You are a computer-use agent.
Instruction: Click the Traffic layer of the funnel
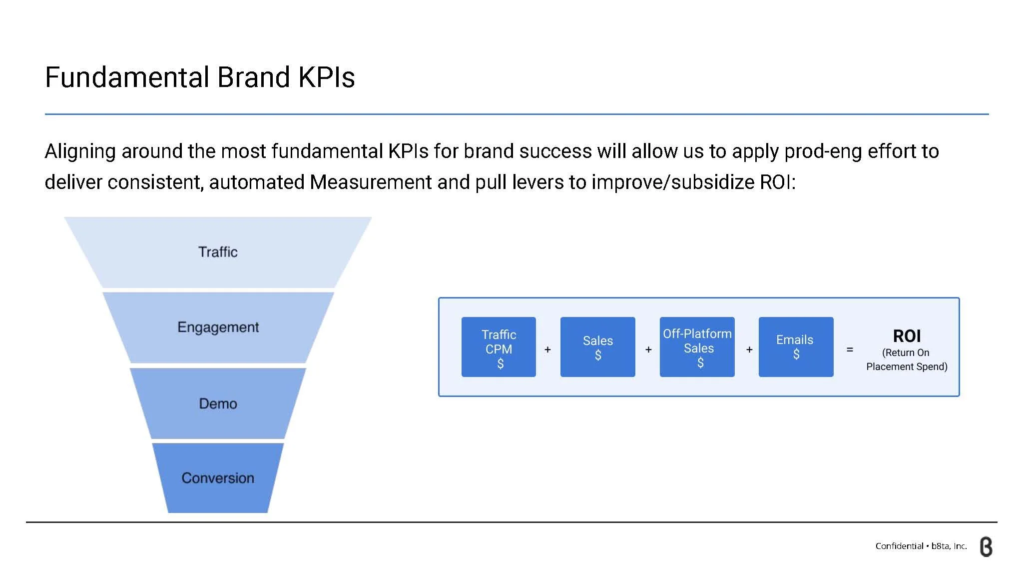click(218, 252)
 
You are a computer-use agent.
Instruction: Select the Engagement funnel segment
click(218, 327)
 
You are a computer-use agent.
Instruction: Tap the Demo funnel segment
click(218, 403)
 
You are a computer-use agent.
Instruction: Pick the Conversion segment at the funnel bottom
click(218, 478)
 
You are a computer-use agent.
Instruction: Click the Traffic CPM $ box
click(499, 347)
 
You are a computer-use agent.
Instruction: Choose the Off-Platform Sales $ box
click(697, 347)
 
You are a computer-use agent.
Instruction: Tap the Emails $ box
click(796, 347)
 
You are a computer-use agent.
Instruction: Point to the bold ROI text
click(907, 336)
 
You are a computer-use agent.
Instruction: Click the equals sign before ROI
click(850, 349)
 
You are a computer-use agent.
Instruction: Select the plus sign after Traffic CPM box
click(547, 349)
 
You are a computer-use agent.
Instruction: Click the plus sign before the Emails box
click(749, 349)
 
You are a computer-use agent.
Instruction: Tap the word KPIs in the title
click(326, 77)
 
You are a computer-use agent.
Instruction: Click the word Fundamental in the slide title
click(127, 77)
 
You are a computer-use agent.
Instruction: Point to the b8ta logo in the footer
click(986, 547)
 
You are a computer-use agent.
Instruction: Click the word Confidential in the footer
click(899, 546)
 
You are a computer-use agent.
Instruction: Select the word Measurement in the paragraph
click(371, 182)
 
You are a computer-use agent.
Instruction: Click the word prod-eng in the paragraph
click(823, 151)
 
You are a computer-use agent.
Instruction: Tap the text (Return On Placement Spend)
click(907, 359)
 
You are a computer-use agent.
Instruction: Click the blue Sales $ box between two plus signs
click(597, 347)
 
